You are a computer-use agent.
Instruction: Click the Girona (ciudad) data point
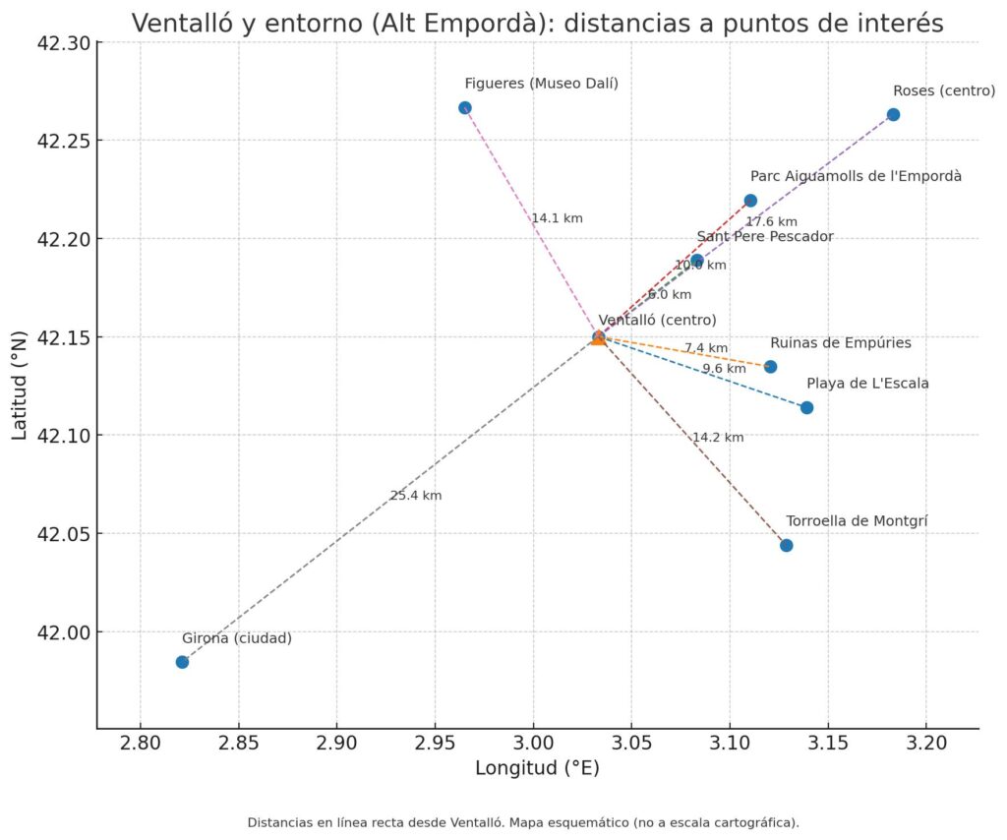(182, 662)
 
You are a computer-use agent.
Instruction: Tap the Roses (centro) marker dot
(893, 115)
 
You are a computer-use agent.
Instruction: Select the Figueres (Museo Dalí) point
(465, 108)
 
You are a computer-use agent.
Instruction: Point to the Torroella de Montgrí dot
(786, 546)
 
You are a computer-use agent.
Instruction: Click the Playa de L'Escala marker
(806, 408)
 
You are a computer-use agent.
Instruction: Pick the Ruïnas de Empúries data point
(770, 367)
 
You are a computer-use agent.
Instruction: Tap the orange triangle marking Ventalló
(598, 337)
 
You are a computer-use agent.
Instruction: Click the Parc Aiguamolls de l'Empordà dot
(750, 201)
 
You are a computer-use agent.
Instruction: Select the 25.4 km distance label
(415, 496)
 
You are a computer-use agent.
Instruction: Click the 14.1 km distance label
(557, 218)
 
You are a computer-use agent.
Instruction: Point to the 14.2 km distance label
(718, 438)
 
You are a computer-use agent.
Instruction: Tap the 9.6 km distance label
(724, 369)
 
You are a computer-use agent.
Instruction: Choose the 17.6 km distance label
(771, 222)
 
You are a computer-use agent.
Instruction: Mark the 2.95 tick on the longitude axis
(435, 741)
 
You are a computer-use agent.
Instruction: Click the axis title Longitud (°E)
(537, 769)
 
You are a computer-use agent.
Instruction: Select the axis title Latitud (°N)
(20, 385)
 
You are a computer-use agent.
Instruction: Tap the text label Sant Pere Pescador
(764, 237)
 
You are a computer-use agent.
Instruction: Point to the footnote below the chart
(522, 822)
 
